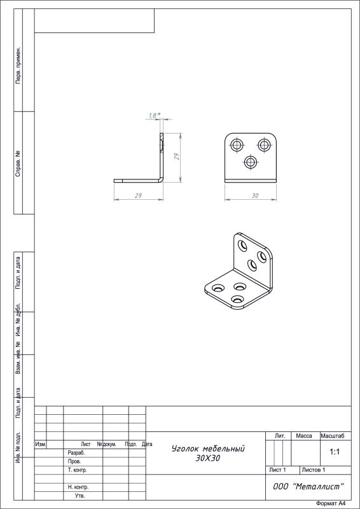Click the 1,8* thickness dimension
pos(155,115)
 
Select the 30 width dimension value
pos(255,196)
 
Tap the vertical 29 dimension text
pos(177,157)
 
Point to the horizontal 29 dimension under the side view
pos(139,196)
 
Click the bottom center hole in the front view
pos(250,162)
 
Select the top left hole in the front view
pos(237,145)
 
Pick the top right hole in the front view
pos(264,145)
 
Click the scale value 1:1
pos(335,452)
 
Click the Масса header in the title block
pos(304,436)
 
